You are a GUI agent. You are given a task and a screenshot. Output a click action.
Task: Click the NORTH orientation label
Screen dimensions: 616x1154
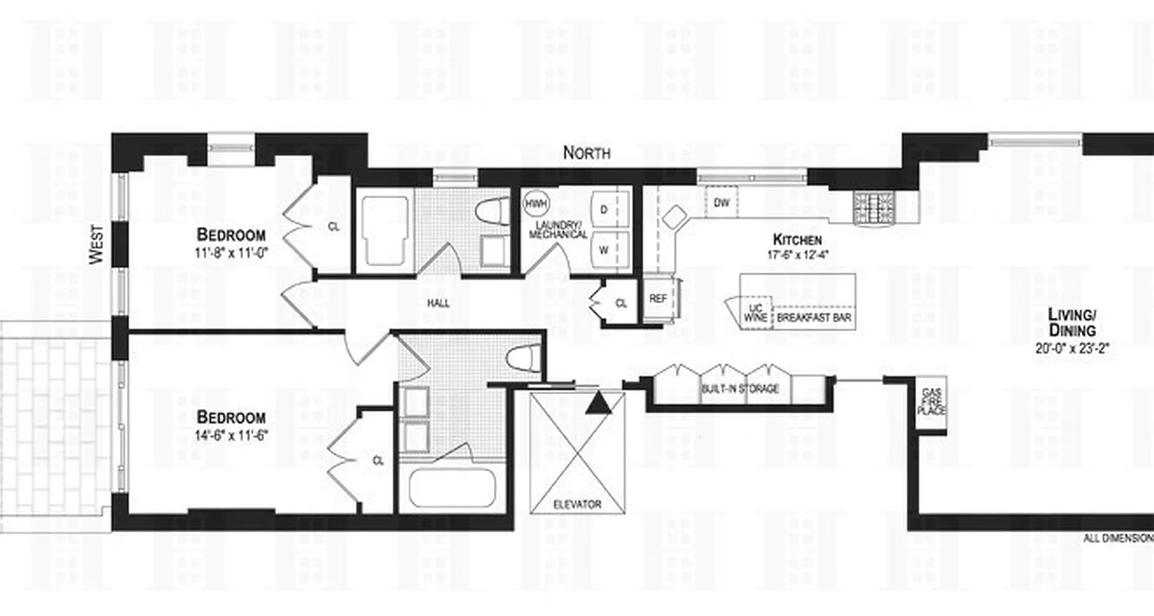coord(586,152)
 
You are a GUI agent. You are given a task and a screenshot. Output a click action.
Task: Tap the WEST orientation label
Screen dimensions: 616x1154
coord(97,245)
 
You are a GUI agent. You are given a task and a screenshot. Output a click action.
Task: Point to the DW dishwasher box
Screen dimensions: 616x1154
coord(722,203)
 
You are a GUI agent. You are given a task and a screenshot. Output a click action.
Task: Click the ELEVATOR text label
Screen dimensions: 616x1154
coord(576,505)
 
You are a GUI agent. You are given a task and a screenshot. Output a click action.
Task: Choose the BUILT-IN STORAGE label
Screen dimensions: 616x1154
coord(740,389)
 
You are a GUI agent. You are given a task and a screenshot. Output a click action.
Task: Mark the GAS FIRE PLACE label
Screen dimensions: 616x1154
coord(931,401)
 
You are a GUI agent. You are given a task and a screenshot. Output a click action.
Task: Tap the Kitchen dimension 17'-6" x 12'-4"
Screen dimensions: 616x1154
coord(797,254)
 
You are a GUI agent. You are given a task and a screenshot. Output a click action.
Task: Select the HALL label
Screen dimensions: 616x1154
coord(439,303)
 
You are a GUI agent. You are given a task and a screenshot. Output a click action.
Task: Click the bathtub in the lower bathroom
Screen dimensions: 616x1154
coord(452,487)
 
